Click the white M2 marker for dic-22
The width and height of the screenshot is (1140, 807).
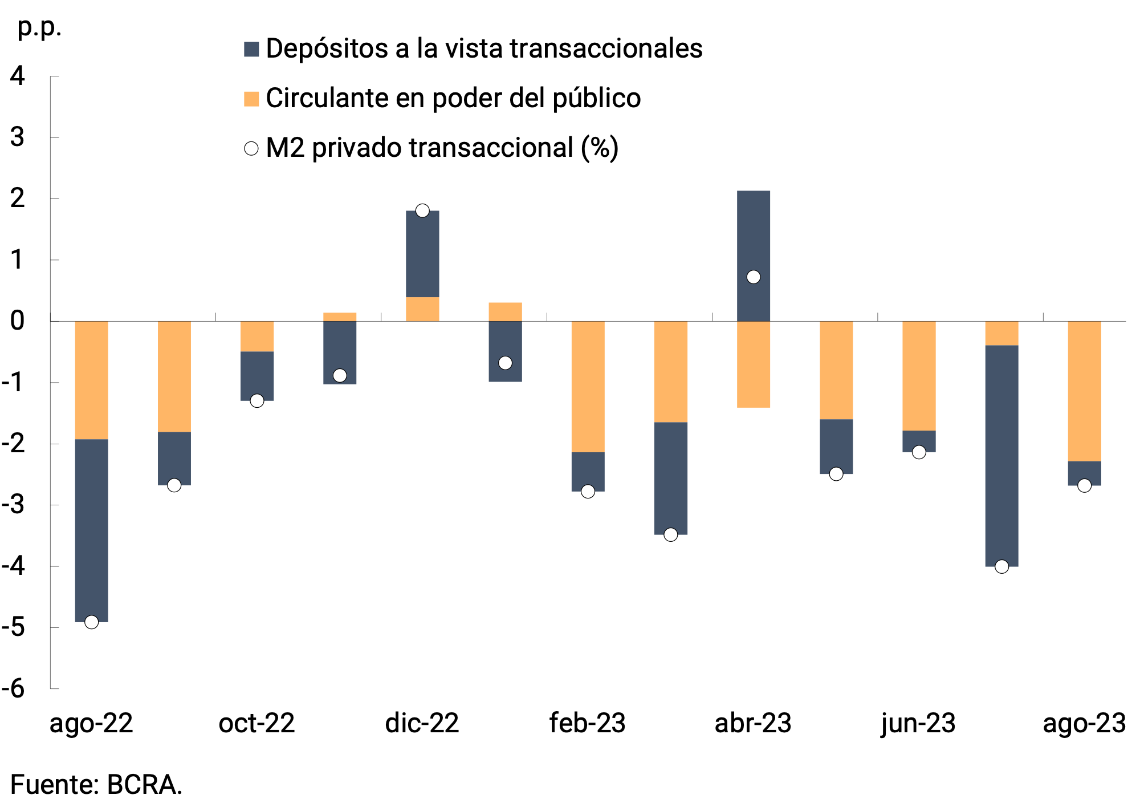pyautogui.click(x=422, y=211)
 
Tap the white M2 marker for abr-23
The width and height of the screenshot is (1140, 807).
pyautogui.click(x=754, y=277)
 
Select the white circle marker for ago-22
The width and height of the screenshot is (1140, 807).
pyautogui.click(x=91, y=622)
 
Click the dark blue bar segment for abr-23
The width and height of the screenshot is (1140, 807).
pyautogui.click(x=754, y=240)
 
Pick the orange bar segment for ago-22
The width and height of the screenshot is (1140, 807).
pyautogui.click(x=91, y=380)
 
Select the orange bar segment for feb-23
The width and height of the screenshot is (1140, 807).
pyautogui.click(x=588, y=387)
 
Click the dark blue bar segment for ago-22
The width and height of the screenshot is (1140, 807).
pyautogui.click(x=91, y=530)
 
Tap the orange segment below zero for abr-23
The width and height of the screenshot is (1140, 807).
pyautogui.click(x=754, y=364)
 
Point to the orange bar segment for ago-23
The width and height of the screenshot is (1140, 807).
pyautogui.click(x=1084, y=391)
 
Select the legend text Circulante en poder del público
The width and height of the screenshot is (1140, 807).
pyautogui.click(x=453, y=99)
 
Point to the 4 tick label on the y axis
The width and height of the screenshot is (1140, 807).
pyautogui.click(x=18, y=76)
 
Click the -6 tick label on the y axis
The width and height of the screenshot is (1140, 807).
pyautogui.click(x=14, y=689)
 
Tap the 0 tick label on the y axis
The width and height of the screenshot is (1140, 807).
pyautogui.click(x=18, y=321)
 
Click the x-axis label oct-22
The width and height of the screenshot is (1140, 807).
pyautogui.click(x=256, y=724)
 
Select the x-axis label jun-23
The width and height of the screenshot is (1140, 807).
pyautogui.click(x=918, y=724)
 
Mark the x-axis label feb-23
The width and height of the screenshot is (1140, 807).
pyautogui.click(x=588, y=724)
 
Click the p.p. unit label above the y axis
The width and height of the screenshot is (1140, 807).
pyautogui.click(x=39, y=27)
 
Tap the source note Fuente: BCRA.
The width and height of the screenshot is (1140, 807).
pyautogui.click(x=96, y=785)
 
